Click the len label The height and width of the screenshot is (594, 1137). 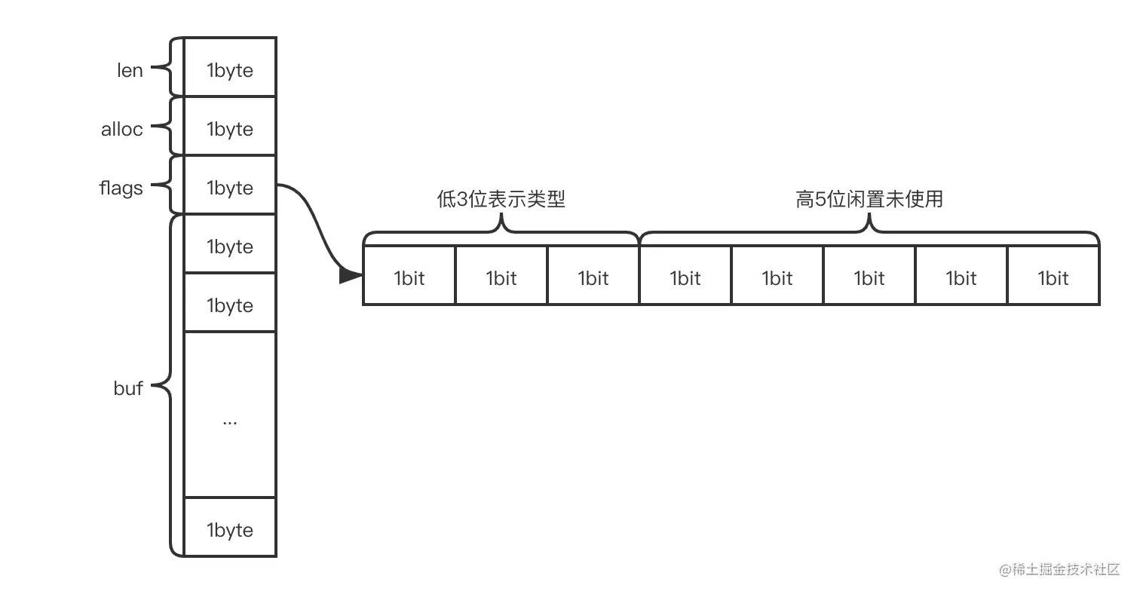coord(130,70)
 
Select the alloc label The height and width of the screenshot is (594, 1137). coord(121,129)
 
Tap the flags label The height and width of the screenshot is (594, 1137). coord(121,188)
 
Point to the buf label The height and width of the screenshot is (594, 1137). coord(128,388)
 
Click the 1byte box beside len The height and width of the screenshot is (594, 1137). coord(230,69)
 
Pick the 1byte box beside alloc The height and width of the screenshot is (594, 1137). coord(230,128)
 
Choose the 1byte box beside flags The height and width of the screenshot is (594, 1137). coord(230,187)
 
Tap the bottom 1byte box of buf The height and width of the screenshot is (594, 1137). coord(230,529)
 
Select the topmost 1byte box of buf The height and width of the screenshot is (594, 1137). coord(230,246)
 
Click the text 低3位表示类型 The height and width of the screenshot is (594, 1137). coord(501,199)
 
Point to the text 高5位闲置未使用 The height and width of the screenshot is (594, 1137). coord(869,199)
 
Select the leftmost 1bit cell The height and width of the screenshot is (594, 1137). coord(409,277)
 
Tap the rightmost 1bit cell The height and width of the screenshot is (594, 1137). coord(1053,277)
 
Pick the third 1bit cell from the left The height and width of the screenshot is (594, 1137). coord(593,277)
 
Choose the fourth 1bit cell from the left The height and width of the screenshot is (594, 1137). coord(685,277)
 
